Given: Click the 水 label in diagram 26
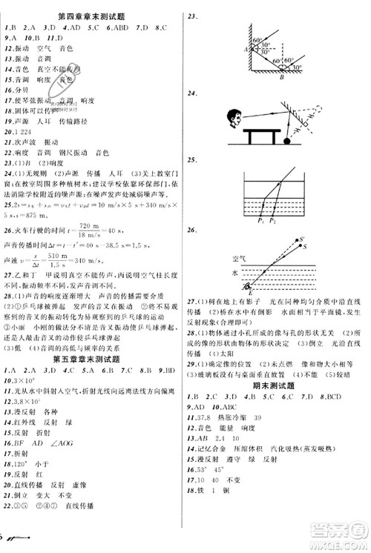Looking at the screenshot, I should coord(235,272).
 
